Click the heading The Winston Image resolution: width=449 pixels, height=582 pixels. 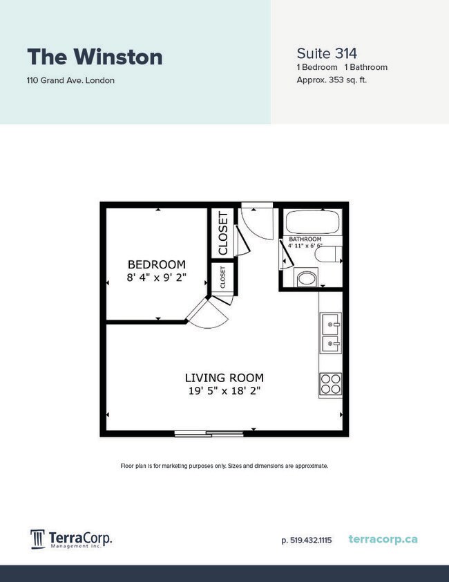[95, 57]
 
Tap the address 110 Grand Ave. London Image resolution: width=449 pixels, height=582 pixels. [70, 80]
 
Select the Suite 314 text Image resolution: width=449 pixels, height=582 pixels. [326, 53]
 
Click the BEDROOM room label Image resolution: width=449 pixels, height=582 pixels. [157, 264]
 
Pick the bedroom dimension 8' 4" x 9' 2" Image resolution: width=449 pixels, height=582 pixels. [157, 278]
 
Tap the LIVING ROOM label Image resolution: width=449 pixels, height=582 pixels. [224, 378]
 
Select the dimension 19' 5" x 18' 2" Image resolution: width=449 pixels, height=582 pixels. [224, 391]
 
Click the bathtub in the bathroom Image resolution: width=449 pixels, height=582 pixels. [313, 223]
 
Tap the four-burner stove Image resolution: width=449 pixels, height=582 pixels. [330, 383]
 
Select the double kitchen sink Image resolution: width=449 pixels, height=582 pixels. [330, 332]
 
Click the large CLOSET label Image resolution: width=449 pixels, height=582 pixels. [223, 233]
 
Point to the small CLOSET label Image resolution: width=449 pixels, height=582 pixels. [222, 277]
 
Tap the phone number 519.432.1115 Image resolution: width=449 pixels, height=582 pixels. [307, 540]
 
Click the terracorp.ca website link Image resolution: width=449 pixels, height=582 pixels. [383, 539]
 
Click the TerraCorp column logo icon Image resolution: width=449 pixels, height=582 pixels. [38, 538]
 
